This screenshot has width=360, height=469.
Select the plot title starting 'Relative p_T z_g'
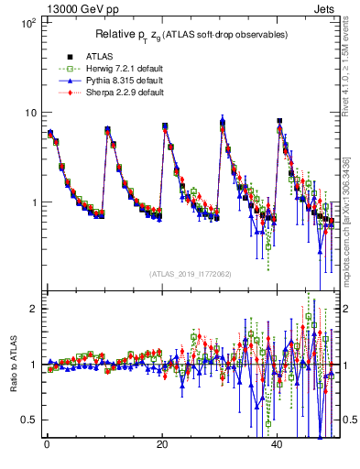coord(192,35)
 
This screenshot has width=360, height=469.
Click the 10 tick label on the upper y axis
coord(29,113)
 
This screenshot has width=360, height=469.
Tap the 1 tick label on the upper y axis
coord(32,202)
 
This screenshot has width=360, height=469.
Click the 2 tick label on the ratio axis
coord(32,309)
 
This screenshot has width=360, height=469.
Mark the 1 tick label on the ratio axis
coord(32,365)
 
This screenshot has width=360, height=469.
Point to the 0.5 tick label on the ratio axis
coord(28,420)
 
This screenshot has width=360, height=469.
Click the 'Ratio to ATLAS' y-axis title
coord(12,365)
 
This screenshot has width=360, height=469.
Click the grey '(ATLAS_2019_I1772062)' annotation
coord(191,274)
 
